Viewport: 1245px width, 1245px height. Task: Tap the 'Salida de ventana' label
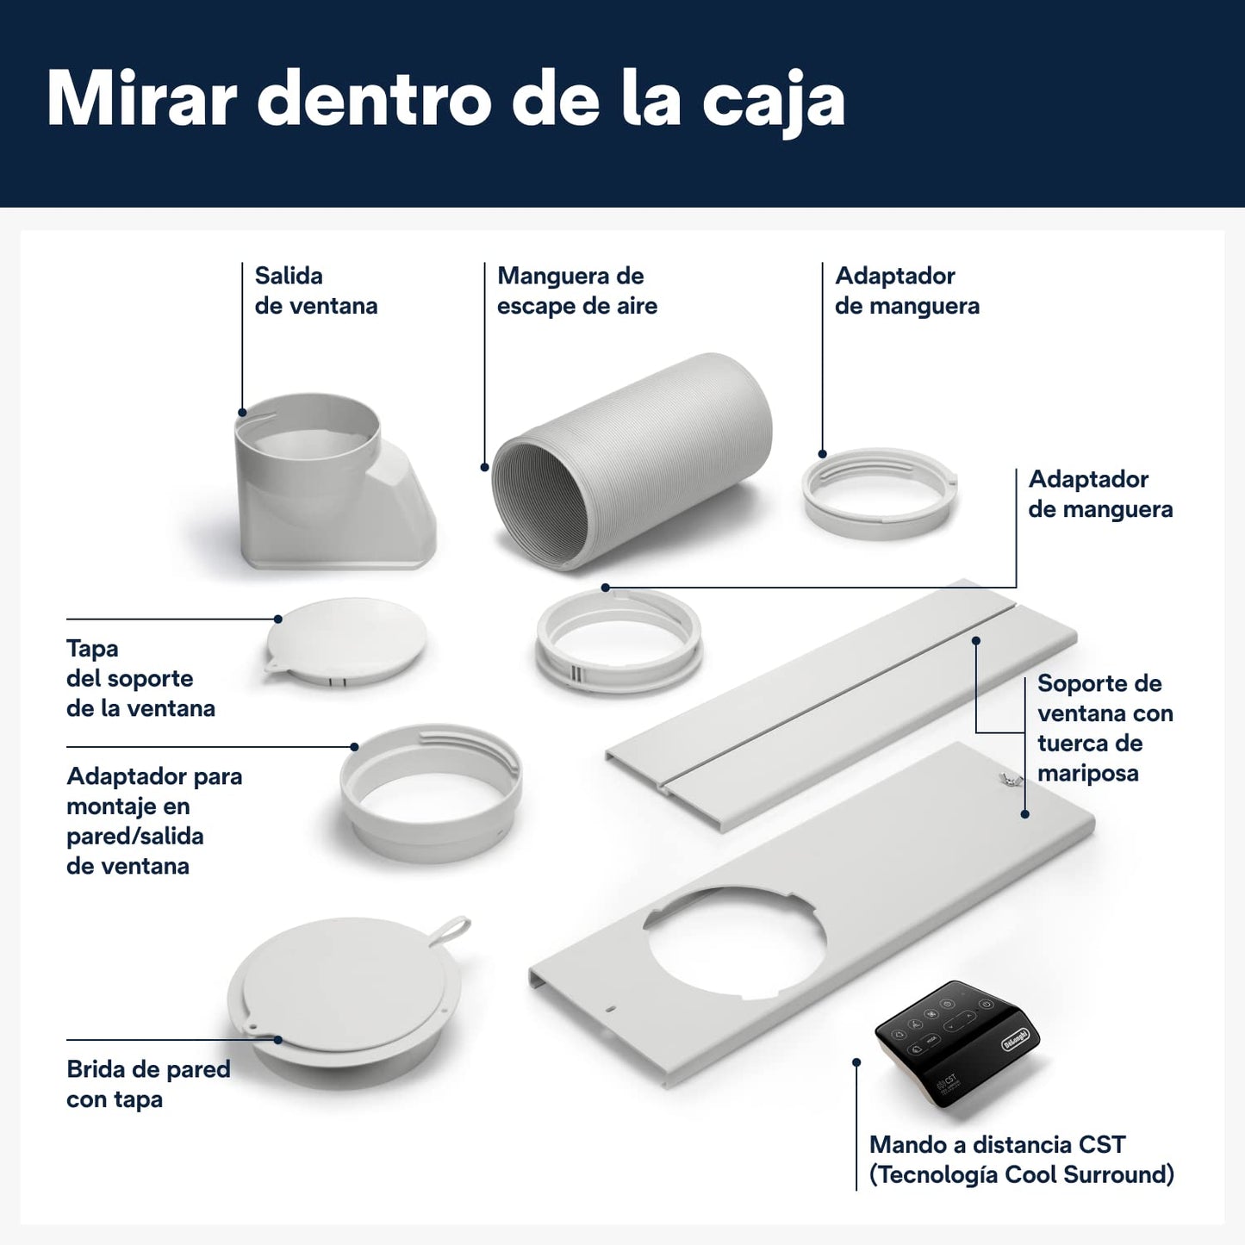pos(316,290)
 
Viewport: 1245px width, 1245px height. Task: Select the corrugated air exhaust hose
pos(632,461)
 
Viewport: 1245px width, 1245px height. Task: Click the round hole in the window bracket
pos(735,944)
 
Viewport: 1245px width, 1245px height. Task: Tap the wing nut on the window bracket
pos(1006,780)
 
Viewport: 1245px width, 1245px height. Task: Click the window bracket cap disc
pos(346,642)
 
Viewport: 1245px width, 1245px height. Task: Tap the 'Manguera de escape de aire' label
pos(577,290)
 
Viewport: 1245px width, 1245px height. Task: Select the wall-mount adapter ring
pos(431,792)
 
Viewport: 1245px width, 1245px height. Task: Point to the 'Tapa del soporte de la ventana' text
pos(140,678)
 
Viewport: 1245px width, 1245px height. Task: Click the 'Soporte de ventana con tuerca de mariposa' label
pos(1105,728)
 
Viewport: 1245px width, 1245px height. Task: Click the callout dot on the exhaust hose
pos(484,467)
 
